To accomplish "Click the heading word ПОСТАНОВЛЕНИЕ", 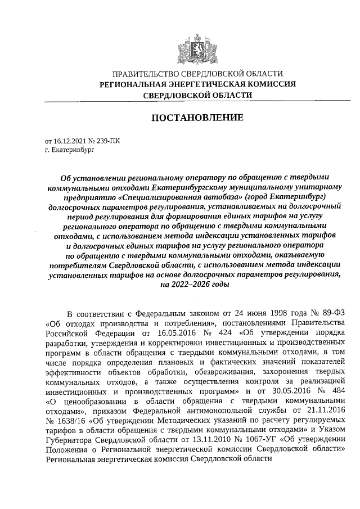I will [197, 118].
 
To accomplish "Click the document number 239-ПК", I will [108, 141].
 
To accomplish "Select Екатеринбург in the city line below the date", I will [73, 150].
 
